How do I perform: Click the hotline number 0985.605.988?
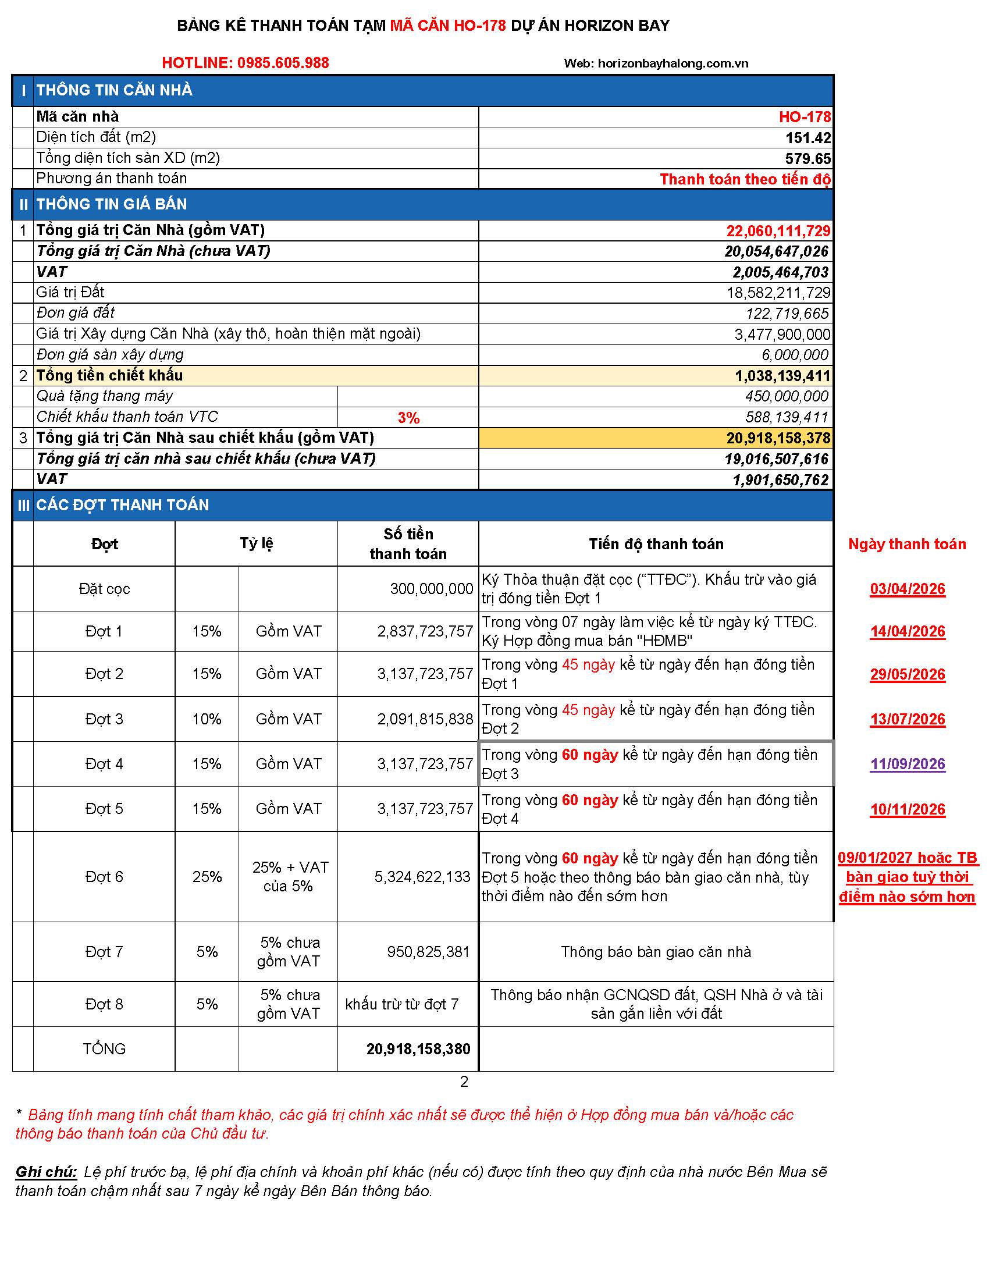(x=283, y=63)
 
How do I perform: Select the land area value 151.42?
(x=808, y=138)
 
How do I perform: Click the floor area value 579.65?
(x=808, y=159)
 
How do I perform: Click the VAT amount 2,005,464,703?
(x=780, y=272)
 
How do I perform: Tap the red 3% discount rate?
(x=408, y=418)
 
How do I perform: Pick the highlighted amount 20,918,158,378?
(x=778, y=438)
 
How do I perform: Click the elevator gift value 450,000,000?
(x=787, y=397)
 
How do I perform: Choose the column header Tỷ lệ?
(x=256, y=543)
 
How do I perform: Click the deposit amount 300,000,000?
(x=431, y=589)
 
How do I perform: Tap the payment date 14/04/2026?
(x=907, y=632)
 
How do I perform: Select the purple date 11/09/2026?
(x=907, y=765)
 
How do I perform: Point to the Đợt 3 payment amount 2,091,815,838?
(x=425, y=719)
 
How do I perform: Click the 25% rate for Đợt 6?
(x=207, y=877)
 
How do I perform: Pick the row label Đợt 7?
(x=104, y=952)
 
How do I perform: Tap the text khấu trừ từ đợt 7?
(x=401, y=1005)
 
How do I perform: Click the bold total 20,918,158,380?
(x=418, y=1049)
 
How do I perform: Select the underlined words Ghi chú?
(x=47, y=1172)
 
